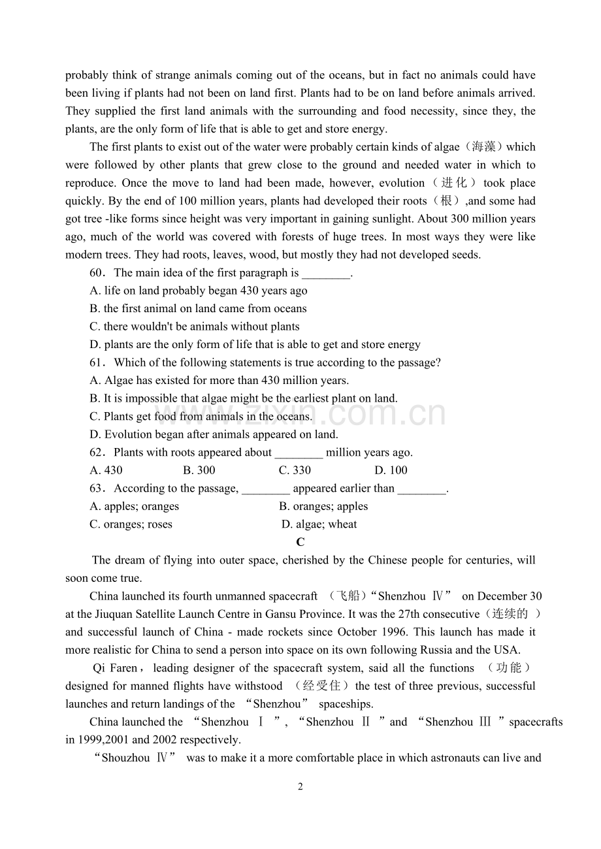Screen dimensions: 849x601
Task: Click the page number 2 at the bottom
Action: [300, 787]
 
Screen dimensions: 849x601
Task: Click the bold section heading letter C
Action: [300, 542]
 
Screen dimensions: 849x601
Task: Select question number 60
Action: [97, 273]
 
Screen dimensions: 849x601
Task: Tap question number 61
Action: [97, 362]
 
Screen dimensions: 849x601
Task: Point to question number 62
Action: [97, 453]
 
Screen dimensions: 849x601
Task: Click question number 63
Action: [97, 489]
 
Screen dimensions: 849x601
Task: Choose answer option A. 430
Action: [106, 470]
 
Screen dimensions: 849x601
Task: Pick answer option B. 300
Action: [199, 470]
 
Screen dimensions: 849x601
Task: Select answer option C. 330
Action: [295, 470]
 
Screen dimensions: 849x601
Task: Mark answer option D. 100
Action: [391, 470]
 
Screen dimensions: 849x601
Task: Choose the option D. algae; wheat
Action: [319, 524]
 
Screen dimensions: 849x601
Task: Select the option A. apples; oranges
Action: [134, 506]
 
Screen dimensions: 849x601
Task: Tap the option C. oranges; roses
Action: [131, 524]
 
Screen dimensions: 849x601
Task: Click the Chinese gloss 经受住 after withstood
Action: [323, 686]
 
